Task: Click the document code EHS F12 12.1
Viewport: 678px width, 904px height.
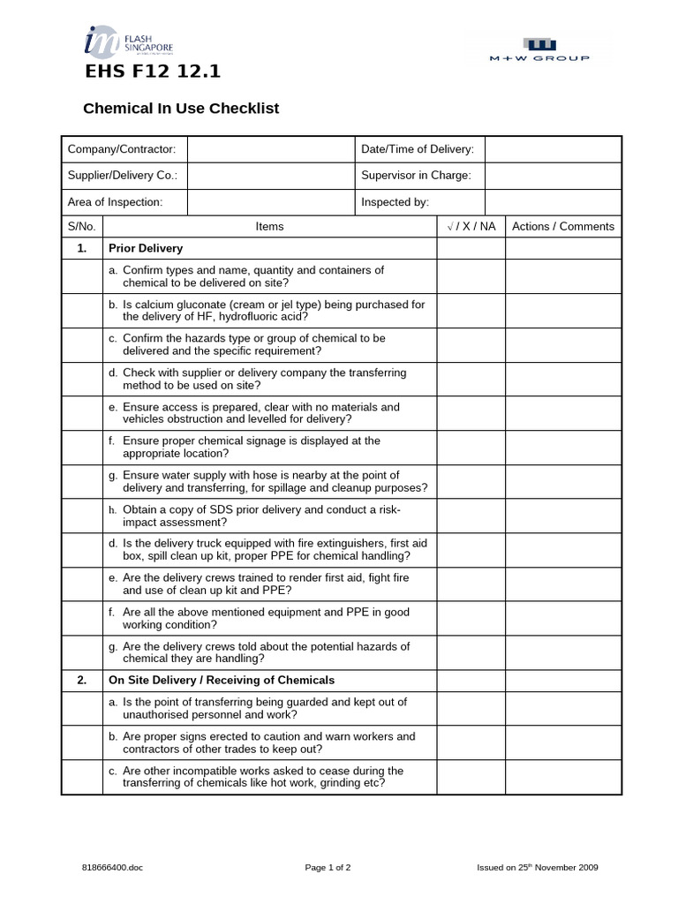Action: point(152,73)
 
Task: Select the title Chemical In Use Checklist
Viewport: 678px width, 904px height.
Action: point(181,109)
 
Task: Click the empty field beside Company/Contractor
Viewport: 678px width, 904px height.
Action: point(270,150)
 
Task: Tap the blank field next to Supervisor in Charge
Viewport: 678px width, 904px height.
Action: point(554,176)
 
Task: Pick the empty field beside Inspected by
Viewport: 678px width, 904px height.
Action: point(554,202)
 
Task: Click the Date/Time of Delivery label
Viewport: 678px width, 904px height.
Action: point(418,150)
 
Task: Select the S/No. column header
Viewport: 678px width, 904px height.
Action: point(81,227)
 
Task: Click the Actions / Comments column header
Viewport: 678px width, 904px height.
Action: point(563,227)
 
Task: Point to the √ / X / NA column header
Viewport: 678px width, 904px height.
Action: point(471,227)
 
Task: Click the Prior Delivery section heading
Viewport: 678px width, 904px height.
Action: point(146,249)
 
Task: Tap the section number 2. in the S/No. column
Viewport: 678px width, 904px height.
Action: point(81,681)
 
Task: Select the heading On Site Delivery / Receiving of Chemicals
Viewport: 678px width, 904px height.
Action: point(222,681)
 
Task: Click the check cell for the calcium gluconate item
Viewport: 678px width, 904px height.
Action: point(471,311)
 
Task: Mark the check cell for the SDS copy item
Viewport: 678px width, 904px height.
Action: point(471,516)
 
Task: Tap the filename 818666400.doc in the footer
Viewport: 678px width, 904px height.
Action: point(112,868)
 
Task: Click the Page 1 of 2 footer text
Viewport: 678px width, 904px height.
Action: point(328,868)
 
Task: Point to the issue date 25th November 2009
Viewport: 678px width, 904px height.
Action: point(538,868)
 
